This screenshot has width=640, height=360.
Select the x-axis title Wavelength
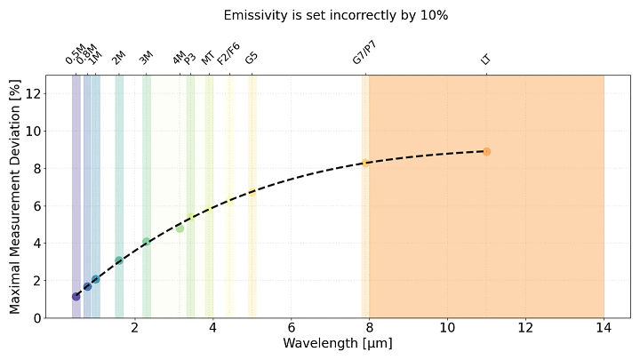coord(337,343)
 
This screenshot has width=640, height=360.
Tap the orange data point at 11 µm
coord(486,151)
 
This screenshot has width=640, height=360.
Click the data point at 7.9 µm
coord(365,163)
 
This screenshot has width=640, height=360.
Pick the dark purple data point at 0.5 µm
coord(76,296)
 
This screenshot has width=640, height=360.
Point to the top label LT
coord(485,60)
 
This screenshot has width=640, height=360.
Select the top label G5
coord(252,58)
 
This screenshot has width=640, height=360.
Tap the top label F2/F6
coord(228,53)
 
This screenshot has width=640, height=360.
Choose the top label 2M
coord(118,59)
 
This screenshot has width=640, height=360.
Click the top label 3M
coord(146,59)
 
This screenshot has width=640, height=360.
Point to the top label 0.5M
coord(75,55)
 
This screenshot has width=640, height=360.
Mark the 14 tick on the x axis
coord(604,327)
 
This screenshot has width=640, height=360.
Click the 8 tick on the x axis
coord(369,327)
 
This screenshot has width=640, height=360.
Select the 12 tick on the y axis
coord(33,93)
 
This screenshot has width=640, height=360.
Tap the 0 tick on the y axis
coord(36,317)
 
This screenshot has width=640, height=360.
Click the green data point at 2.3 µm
coord(147,242)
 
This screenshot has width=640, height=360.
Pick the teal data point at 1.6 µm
coord(119,260)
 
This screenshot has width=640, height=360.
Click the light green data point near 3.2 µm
coord(180,228)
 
